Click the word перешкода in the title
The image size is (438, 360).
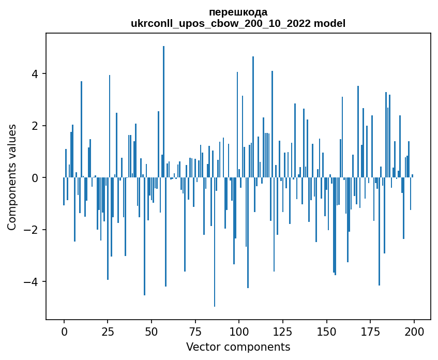tap(238, 12)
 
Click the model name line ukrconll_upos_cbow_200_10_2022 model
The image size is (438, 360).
tap(238, 24)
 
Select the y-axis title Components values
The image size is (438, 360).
tap(11, 177)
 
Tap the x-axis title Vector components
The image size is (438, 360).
tap(238, 347)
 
